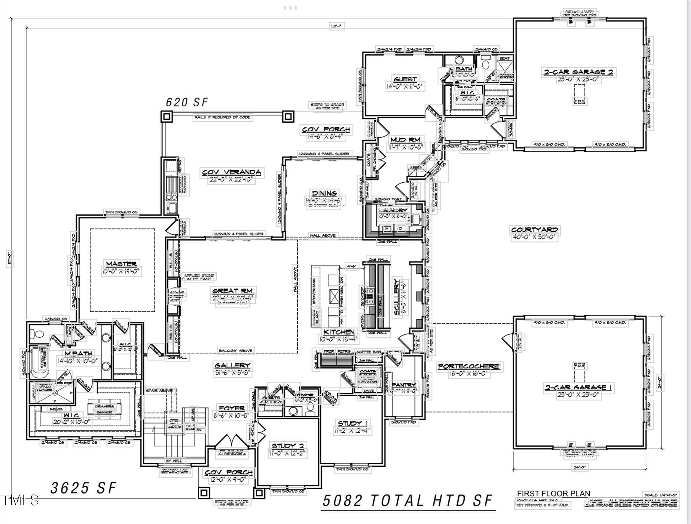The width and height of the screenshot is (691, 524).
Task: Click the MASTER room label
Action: (x=121, y=264)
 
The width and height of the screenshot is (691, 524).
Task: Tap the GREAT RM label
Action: (x=233, y=291)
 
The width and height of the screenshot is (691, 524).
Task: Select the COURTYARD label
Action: (x=534, y=230)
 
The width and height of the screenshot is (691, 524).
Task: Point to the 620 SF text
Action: (x=187, y=102)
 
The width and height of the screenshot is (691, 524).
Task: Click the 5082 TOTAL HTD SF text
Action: (x=408, y=500)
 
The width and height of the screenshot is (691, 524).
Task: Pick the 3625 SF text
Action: (x=83, y=488)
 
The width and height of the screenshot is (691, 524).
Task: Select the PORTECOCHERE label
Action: (x=469, y=367)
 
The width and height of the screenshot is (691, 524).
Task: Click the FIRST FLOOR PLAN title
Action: (x=554, y=494)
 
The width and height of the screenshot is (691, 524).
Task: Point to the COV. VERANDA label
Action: (x=232, y=172)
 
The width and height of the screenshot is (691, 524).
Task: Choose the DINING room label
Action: (x=324, y=193)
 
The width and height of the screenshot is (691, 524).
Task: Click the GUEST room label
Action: (x=405, y=79)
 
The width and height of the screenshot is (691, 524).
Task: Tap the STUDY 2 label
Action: (x=288, y=446)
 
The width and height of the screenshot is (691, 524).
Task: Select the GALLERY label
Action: (x=232, y=365)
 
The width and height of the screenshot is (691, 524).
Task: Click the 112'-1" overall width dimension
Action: (x=337, y=26)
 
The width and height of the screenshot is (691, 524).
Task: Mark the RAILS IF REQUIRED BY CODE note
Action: (x=222, y=117)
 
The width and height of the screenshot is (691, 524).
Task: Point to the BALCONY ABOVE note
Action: (x=235, y=351)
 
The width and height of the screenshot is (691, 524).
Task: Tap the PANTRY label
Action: (x=403, y=385)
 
